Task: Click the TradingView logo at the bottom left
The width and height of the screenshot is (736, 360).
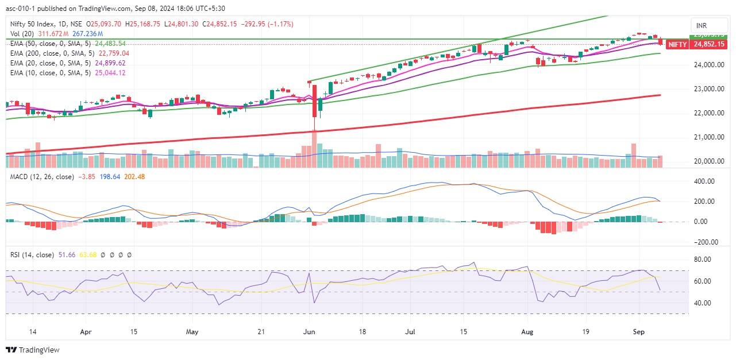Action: click(x=33, y=350)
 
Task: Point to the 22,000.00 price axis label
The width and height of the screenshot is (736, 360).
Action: click(x=707, y=113)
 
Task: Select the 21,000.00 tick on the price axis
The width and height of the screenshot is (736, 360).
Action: click(x=707, y=137)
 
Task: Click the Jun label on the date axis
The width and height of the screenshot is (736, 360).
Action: click(x=309, y=331)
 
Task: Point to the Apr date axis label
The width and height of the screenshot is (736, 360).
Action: click(x=86, y=331)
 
